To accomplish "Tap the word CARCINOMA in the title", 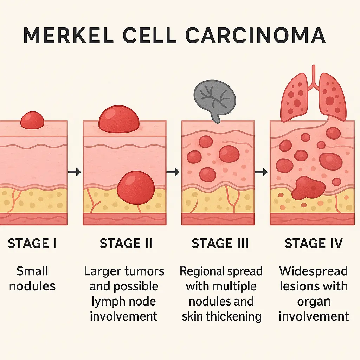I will [x=255, y=35].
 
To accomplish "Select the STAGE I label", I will [x=32, y=243].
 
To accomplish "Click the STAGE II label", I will [x=126, y=243].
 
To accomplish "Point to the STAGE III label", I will [x=220, y=243].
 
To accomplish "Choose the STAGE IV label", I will [x=314, y=243].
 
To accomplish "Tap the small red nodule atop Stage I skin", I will [x=32, y=121].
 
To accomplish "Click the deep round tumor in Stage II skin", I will [x=136, y=187].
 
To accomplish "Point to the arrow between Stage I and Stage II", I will [x=75, y=172].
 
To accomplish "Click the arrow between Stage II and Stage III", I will [x=173, y=172].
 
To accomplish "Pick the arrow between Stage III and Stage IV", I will [x=261, y=172].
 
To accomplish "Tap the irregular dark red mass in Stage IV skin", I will [x=308, y=188].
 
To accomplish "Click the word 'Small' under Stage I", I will [x=32, y=271].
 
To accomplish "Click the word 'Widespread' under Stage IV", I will [x=314, y=271].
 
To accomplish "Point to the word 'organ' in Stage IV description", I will [x=314, y=301].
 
